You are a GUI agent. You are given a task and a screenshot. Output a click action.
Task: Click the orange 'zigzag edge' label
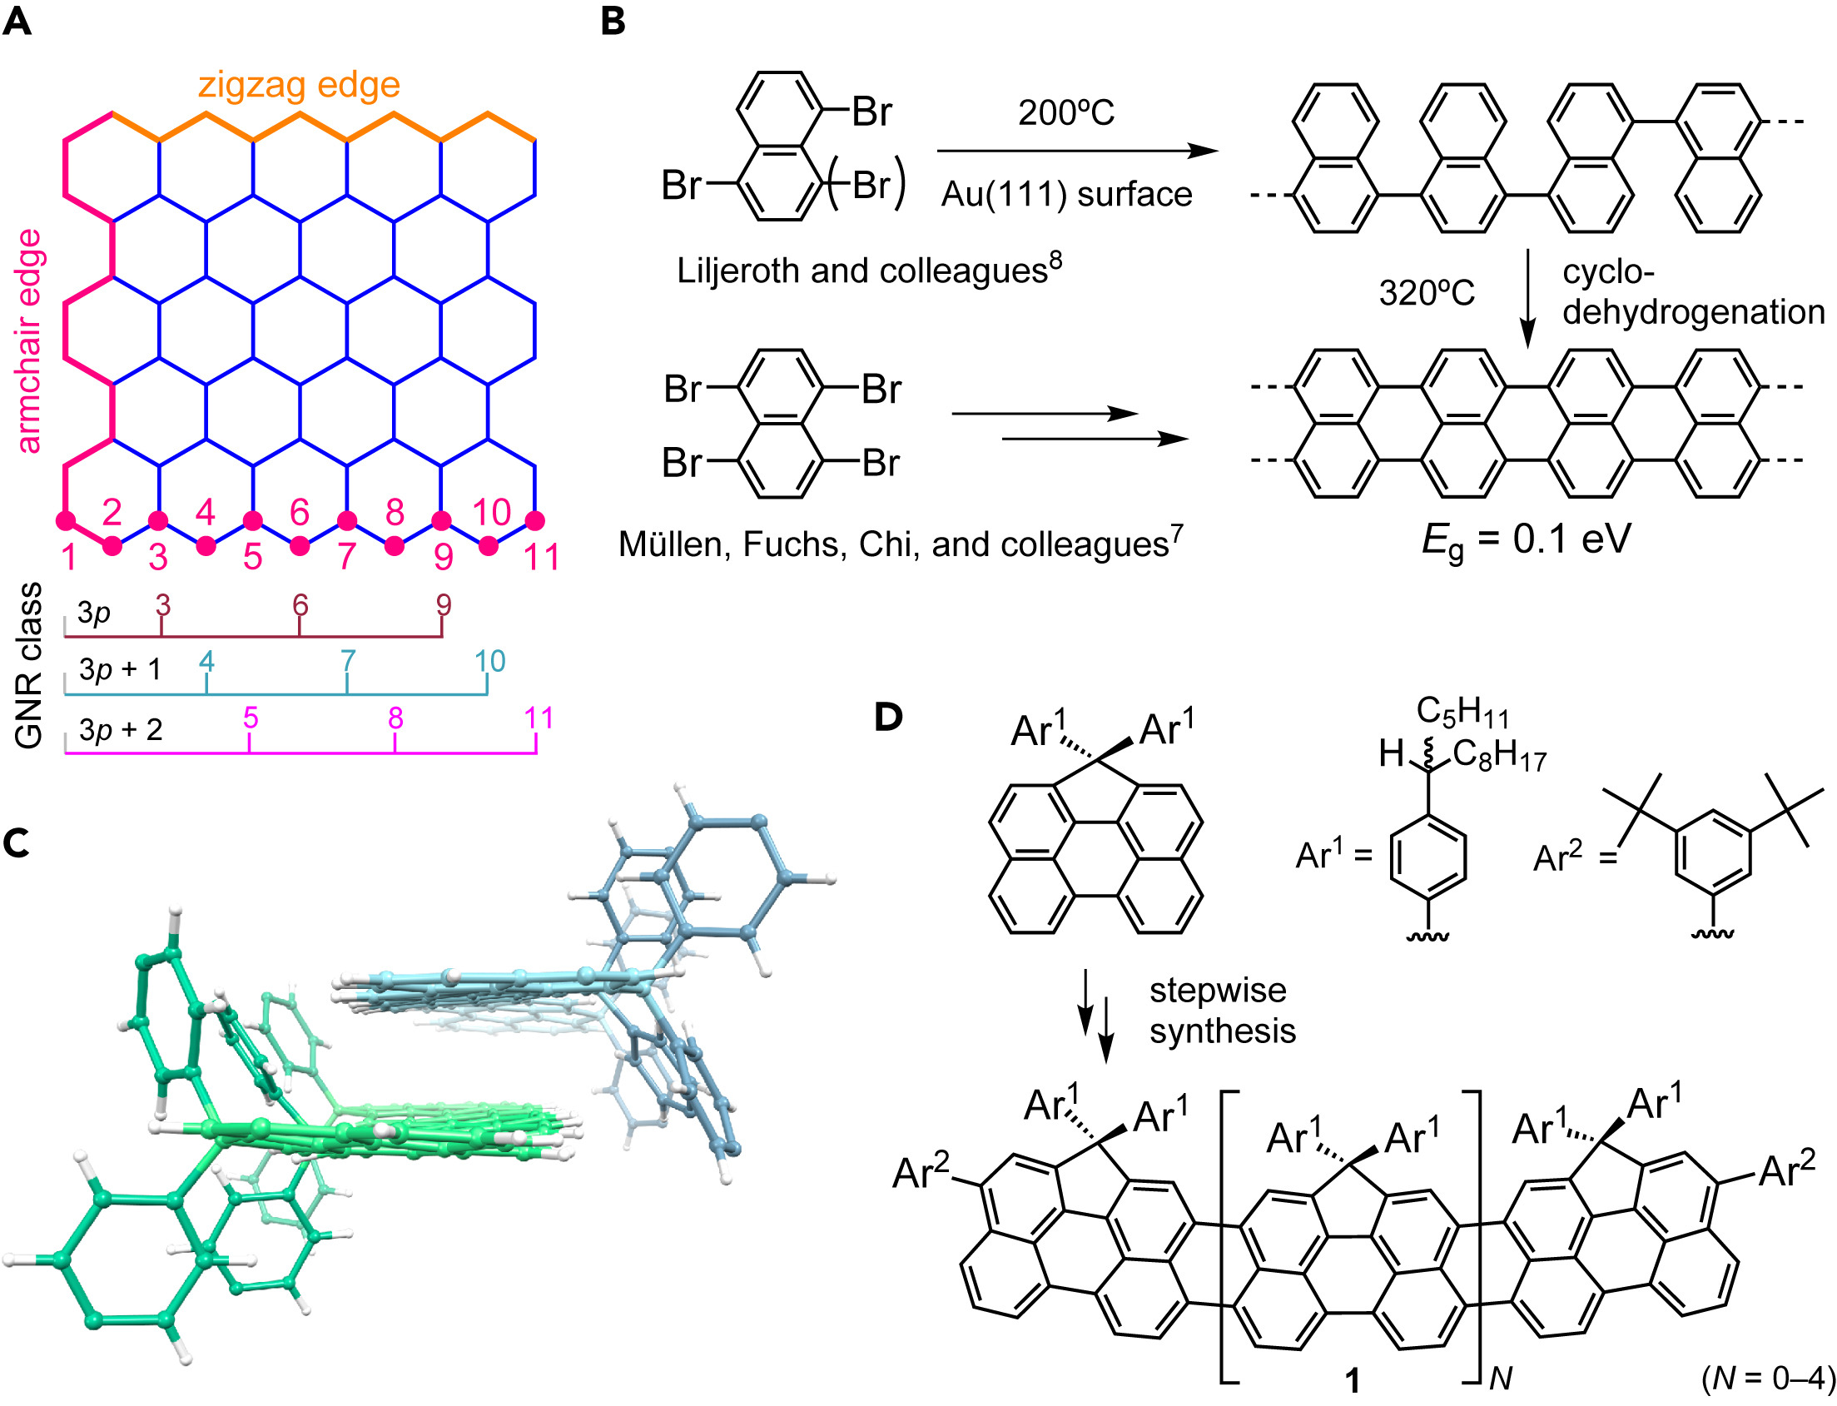click(x=299, y=86)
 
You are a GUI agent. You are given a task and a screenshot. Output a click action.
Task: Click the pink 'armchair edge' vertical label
click(x=28, y=341)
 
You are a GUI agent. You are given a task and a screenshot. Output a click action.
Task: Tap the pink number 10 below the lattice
click(x=491, y=512)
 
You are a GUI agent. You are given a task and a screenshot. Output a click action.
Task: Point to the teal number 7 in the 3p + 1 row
click(x=348, y=662)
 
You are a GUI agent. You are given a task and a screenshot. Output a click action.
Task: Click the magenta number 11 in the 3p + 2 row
click(x=539, y=718)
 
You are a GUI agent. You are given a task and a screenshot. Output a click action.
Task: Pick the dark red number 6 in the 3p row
click(x=300, y=605)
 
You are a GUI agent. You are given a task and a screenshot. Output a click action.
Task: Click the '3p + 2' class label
click(x=121, y=730)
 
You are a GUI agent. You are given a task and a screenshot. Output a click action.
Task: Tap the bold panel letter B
click(x=613, y=22)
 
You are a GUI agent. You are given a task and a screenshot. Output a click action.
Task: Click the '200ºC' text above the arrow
click(x=1065, y=113)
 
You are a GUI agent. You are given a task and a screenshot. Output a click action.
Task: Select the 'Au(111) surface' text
click(x=1066, y=194)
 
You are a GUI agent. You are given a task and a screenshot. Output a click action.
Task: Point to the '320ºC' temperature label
click(x=1426, y=294)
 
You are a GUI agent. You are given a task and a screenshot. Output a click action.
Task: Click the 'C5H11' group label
click(x=1462, y=713)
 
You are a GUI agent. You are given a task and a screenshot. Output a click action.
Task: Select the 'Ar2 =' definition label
click(x=1574, y=857)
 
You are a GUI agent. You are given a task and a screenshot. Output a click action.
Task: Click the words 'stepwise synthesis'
click(x=1221, y=1011)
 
